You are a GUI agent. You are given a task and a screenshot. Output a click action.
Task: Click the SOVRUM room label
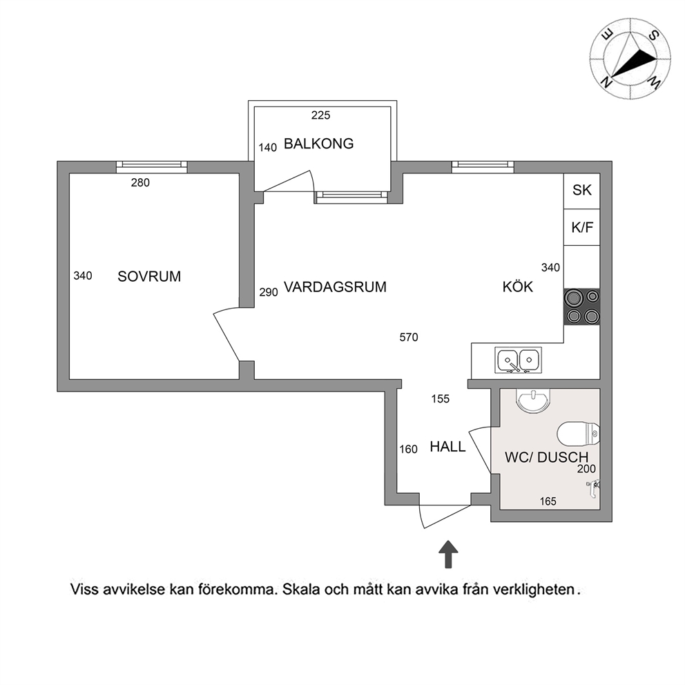(149, 276)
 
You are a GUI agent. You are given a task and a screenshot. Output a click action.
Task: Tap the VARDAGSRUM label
(335, 287)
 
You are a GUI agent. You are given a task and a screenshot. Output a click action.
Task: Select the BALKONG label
(318, 144)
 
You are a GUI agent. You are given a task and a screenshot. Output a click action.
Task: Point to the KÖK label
(517, 287)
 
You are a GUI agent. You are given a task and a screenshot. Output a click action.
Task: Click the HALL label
(447, 447)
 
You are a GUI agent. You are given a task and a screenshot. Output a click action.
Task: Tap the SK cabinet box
(581, 191)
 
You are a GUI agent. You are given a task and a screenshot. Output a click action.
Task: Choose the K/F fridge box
(581, 227)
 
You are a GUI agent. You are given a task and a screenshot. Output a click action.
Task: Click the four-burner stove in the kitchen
(582, 307)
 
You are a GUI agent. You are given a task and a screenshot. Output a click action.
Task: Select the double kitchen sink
(518, 360)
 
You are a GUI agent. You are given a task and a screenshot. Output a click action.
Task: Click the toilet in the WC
(578, 434)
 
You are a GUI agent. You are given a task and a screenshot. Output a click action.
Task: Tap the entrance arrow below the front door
(448, 554)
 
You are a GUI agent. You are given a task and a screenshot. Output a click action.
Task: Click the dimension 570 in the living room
(409, 337)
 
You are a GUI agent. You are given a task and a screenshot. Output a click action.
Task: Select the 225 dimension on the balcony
(320, 115)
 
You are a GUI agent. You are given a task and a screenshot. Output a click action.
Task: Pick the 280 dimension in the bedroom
(140, 182)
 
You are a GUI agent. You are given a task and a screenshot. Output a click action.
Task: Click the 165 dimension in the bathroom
(548, 501)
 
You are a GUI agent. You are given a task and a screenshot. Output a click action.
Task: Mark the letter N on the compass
(606, 81)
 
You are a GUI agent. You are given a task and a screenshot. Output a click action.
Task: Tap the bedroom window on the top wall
(152, 167)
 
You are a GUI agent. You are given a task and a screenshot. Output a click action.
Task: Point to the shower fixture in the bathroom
(593, 488)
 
